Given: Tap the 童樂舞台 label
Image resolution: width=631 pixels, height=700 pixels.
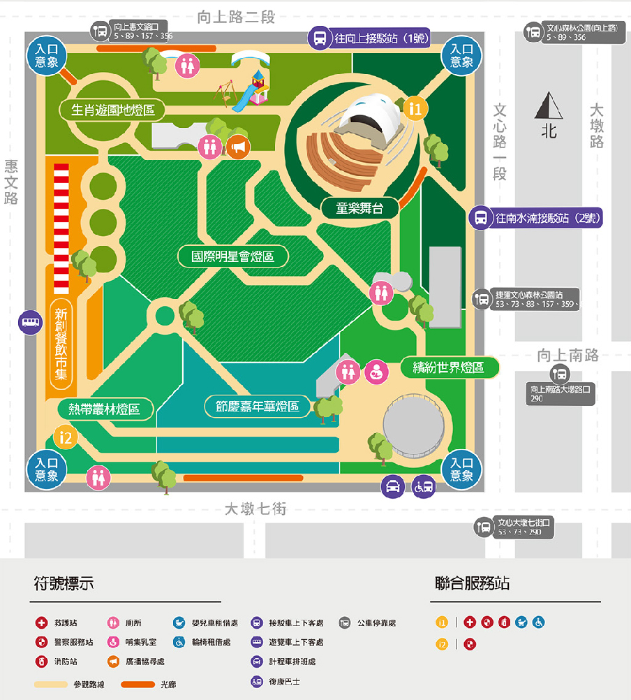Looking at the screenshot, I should coord(359,207).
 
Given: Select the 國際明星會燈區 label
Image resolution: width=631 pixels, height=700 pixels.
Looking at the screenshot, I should coord(233,256).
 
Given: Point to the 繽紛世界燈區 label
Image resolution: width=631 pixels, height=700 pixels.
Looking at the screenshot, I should coord(450,367).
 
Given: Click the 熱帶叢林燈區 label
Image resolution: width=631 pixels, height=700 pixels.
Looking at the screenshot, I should coord(105,409).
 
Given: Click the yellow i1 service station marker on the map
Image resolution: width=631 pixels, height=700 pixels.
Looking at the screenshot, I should coord(415,108).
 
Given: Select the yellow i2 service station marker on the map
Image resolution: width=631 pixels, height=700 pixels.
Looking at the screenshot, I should coord(65,438).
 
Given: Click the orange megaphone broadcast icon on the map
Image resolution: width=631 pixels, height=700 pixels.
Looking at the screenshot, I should coord(237,147).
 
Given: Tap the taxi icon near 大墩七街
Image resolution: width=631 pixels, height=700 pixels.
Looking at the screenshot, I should coord(393,486).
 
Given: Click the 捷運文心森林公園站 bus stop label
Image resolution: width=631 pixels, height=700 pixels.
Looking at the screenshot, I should coord(535,299).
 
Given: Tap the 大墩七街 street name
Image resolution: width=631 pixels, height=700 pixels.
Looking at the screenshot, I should coord(255,509).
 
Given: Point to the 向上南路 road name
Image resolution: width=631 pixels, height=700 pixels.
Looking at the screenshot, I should coord(567,356).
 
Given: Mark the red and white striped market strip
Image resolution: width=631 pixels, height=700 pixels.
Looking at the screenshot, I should coord(61,228).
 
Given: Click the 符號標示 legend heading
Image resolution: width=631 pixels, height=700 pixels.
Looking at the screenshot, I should coord(64,583).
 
